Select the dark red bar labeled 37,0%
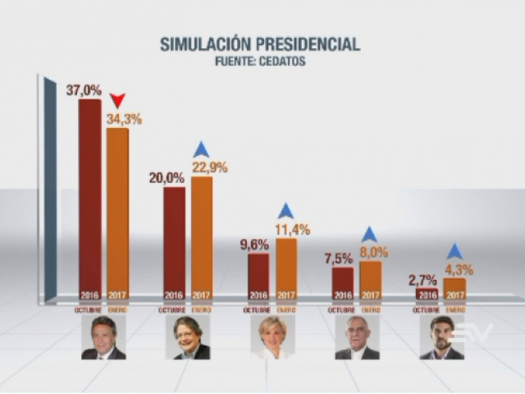(x=89, y=197)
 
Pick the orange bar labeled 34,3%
(x=117, y=213)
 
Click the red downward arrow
(x=117, y=101)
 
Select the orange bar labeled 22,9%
(x=202, y=238)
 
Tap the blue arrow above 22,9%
(x=202, y=149)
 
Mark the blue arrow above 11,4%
(x=285, y=211)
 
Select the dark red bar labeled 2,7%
(x=427, y=294)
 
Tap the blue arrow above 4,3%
(x=454, y=252)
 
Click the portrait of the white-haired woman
(x=272, y=337)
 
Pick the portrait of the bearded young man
(x=441, y=337)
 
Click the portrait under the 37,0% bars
(x=103, y=337)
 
